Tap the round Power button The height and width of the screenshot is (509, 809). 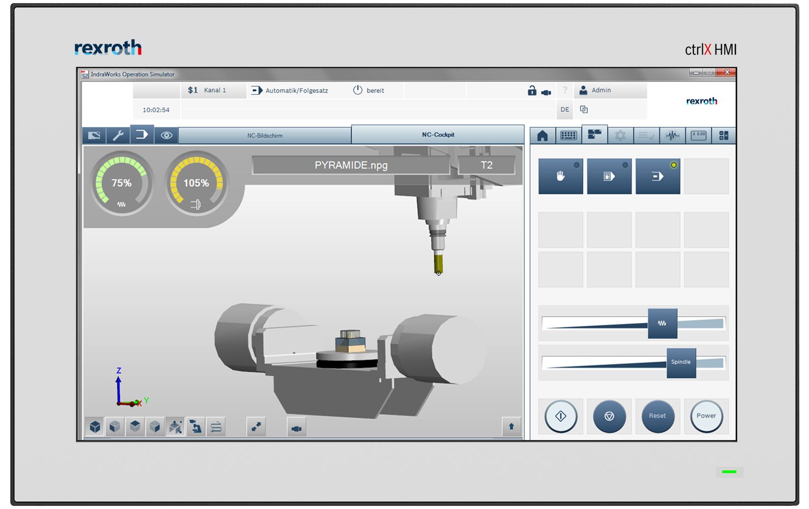(x=706, y=416)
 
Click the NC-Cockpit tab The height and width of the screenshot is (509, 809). (x=438, y=135)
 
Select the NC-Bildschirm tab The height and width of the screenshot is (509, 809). (x=265, y=135)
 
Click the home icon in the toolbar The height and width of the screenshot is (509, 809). (x=542, y=135)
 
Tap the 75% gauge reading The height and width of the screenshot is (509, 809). (x=121, y=183)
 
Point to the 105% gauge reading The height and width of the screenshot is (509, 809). (x=196, y=183)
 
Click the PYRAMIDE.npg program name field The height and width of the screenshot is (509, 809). (x=351, y=165)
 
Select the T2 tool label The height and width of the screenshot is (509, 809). (x=486, y=165)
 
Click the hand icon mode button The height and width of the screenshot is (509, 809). (x=561, y=176)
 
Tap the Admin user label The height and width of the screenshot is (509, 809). (x=601, y=90)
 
